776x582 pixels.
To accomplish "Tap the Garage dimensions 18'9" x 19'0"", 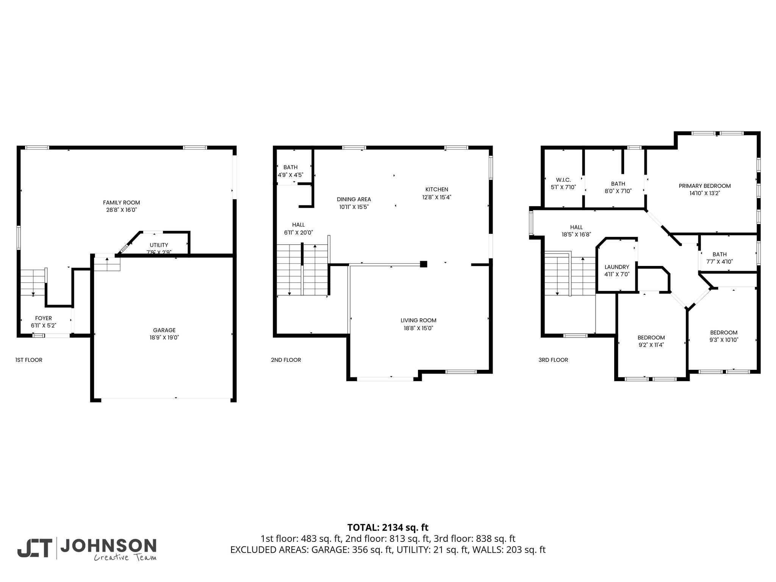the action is point(164,337).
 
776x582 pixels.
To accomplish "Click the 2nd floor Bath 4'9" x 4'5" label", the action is point(291,171).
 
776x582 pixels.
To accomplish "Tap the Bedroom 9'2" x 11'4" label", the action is point(651,341).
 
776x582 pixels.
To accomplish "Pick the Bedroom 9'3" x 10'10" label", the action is point(724,336).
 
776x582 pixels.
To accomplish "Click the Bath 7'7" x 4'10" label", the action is point(720,258).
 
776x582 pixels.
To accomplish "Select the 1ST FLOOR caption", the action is point(29,360).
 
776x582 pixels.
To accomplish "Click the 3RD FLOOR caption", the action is point(553,360).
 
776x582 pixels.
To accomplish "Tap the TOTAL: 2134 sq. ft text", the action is point(388,527).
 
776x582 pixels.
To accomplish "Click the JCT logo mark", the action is point(34,548).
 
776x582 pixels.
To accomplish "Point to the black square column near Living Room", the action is point(424,264).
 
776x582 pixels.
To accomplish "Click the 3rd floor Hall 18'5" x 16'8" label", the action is point(576,231).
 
